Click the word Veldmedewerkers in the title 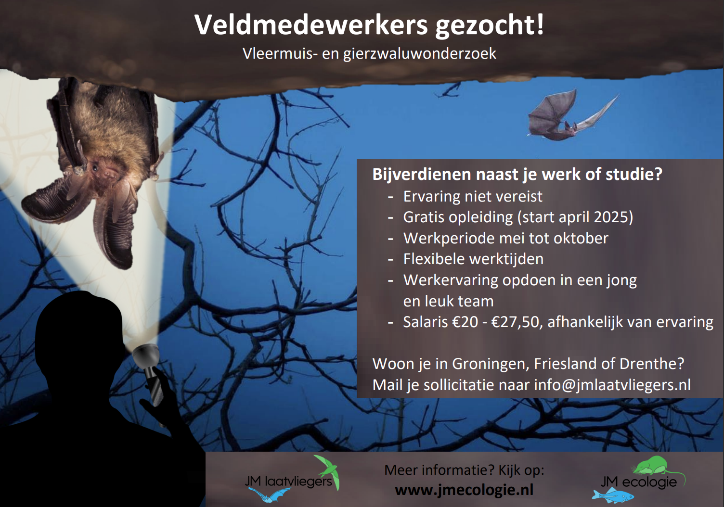coord(311,25)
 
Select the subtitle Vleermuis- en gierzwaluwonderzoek coord(369,53)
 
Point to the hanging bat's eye coord(95,168)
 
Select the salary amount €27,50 coord(517,322)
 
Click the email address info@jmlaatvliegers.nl coord(612,385)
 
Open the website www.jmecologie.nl coord(464,490)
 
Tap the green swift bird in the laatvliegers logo coord(327,472)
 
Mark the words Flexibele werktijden coord(473,259)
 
